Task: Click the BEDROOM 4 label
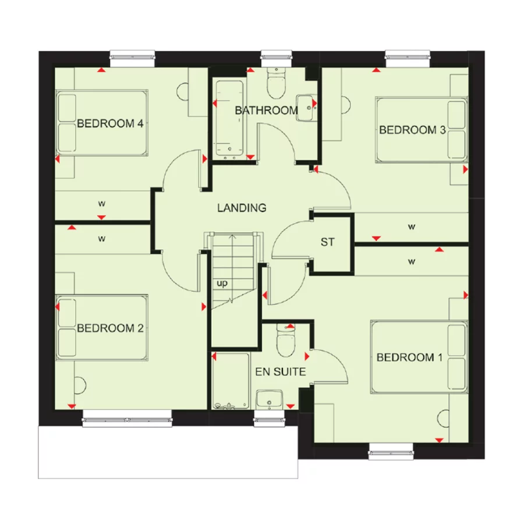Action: coord(111,123)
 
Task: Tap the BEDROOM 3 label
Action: coord(412,130)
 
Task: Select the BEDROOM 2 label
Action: coord(111,328)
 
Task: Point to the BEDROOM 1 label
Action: coord(406,357)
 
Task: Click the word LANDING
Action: coord(242,207)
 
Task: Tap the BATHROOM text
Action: coord(266,110)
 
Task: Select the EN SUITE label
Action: coord(280,371)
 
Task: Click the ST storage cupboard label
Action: coord(328,242)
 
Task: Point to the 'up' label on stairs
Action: coord(222,284)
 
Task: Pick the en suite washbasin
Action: coord(270,399)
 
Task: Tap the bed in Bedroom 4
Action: coord(102,122)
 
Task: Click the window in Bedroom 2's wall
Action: coord(127,418)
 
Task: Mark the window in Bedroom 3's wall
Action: coord(407,56)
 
